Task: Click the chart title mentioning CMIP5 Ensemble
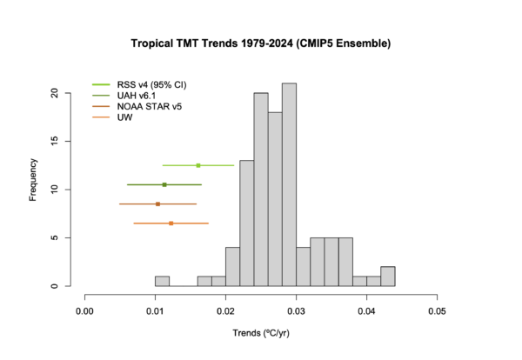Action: pyautogui.click(x=261, y=42)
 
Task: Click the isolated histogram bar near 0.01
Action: pyautogui.click(x=162, y=281)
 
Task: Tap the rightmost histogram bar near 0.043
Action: pyautogui.click(x=388, y=277)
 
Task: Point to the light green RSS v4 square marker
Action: pyautogui.click(x=198, y=165)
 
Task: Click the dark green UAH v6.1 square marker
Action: pyautogui.click(x=164, y=184)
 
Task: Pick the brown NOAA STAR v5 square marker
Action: pyautogui.click(x=157, y=203)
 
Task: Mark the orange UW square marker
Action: pyautogui.click(x=171, y=223)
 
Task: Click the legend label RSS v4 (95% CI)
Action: pyautogui.click(x=152, y=84)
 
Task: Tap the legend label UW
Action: pyautogui.click(x=124, y=117)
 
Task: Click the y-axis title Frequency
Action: pyautogui.click(x=34, y=179)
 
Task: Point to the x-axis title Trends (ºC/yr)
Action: pyautogui.click(x=261, y=333)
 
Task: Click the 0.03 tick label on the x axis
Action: pyautogui.click(x=296, y=309)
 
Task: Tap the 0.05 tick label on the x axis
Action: pyautogui.click(x=437, y=309)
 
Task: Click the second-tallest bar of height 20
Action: pyautogui.click(x=261, y=190)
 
